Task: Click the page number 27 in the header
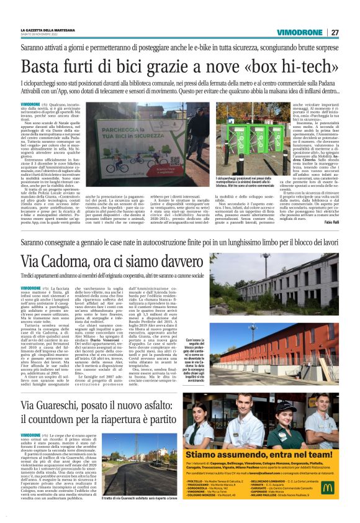tap(335, 32)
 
